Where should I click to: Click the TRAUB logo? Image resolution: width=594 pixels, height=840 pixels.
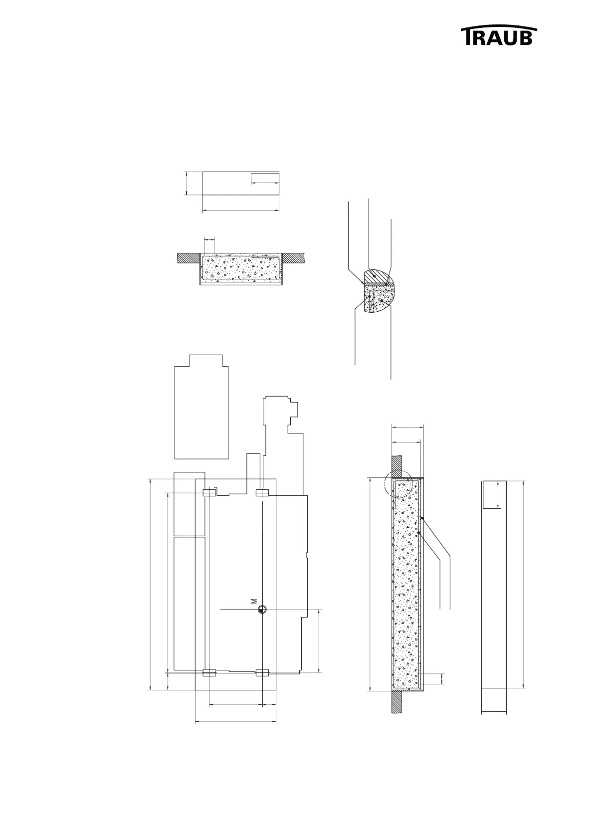point(499,36)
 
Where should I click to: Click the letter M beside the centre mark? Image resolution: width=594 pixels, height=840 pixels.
point(254,601)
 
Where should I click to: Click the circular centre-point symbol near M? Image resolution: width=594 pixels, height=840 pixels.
point(262,610)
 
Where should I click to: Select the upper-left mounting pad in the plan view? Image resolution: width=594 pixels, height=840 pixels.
point(209,493)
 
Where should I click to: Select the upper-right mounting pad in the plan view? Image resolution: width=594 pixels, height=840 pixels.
point(262,493)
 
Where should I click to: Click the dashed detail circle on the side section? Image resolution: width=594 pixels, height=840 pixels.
point(398,484)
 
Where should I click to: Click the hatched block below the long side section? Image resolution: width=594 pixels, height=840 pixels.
point(397,702)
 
